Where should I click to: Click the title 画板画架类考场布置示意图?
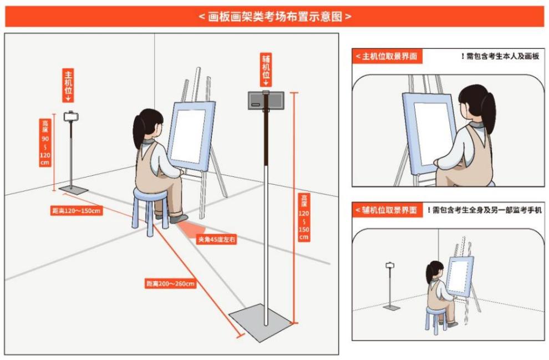tap(275, 17)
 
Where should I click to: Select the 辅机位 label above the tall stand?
tap(266, 70)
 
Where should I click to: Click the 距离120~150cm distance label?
tap(77, 210)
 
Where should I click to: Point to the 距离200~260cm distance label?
tap(170, 283)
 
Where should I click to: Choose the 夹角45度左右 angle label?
tap(216, 240)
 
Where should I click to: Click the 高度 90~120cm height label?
tap(45, 143)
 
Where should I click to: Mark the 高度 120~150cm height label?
tap(303, 217)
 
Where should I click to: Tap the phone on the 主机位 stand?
tap(71, 116)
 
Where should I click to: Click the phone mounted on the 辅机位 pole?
tap(266, 100)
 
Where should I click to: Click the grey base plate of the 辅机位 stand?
tap(261, 322)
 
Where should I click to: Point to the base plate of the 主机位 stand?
tap(74, 190)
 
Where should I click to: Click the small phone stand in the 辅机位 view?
tap(391, 286)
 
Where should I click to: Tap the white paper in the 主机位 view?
tap(431, 133)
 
